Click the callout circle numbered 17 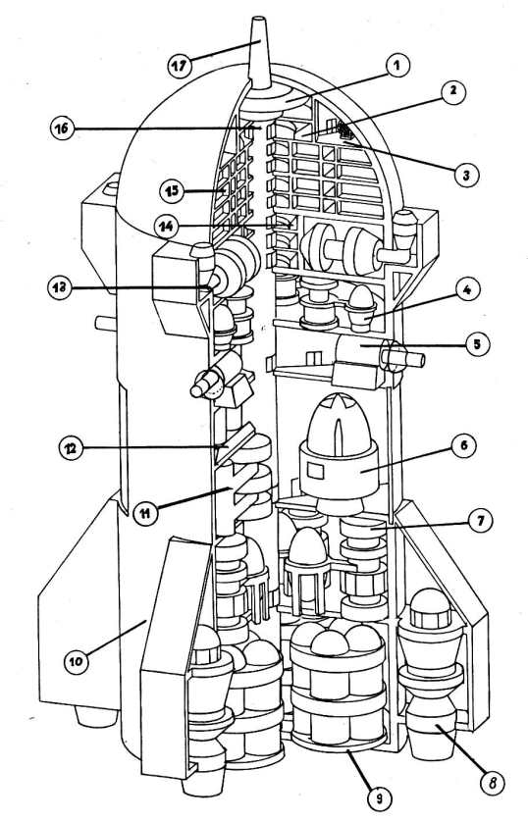tap(181, 67)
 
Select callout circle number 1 tap(396, 67)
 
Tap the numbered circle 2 tap(453, 91)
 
